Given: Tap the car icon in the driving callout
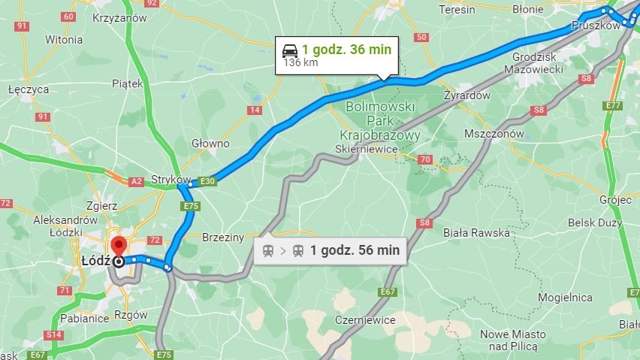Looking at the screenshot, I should (x=289, y=50).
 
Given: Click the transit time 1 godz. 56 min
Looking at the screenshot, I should (x=355, y=250).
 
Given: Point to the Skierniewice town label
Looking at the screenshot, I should (x=370, y=149).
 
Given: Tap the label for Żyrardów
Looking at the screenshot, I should (x=466, y=96).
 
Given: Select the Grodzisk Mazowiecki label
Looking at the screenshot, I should (x=537, y=63).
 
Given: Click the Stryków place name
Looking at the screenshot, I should (x=168, y=180).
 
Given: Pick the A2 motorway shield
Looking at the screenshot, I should (x=136, y=181).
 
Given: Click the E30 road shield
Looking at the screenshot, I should (x=208, y=181).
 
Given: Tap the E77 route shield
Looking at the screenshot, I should (x=613, y=105).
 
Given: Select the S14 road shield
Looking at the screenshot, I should (x=54, y=334).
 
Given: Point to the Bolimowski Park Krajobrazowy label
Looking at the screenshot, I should (x=380, y=120).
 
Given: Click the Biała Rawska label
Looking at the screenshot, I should (x=475, y=232).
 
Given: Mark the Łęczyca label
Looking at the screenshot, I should (x=29, y=89).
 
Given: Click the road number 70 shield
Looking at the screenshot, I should (x=424, y=159).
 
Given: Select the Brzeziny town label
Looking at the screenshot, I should (x=223, y=237).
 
